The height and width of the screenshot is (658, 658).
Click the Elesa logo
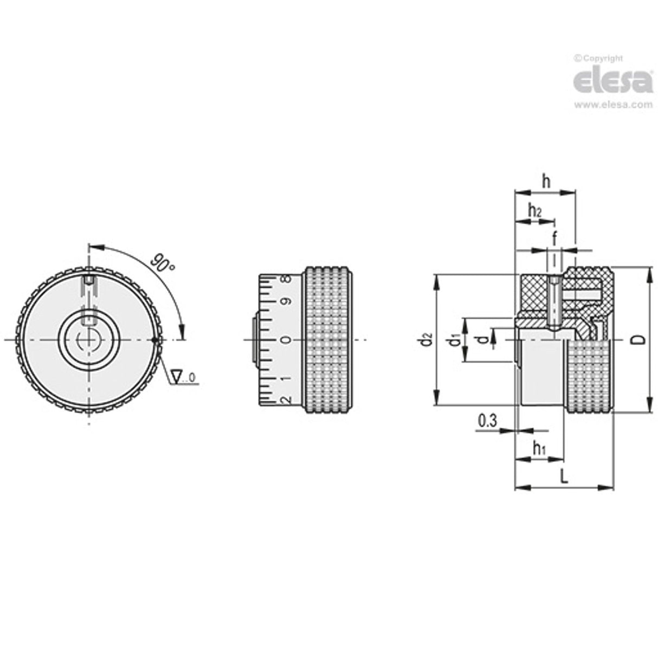612,81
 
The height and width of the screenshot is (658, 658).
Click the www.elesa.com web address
612,105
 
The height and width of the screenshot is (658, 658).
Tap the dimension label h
546,182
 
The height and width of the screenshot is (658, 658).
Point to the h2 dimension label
534,210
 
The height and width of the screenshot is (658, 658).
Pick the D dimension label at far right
640,340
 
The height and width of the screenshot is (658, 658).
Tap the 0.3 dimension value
488,421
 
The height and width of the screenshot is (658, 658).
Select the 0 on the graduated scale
288,340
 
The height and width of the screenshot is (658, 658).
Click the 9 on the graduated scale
288,302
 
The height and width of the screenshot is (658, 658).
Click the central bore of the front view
87,340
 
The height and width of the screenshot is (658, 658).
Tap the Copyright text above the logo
599,59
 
